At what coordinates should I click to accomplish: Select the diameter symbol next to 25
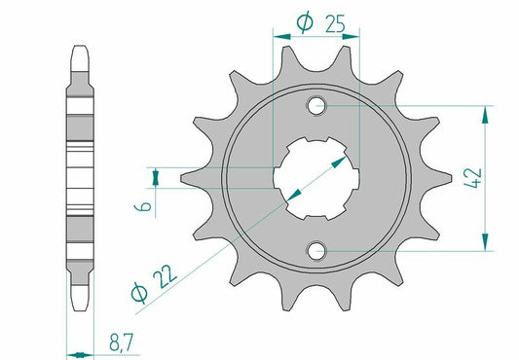pos(303,22)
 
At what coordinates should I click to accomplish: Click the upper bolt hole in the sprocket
pos(317,105)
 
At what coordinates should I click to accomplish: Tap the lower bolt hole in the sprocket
pos(317,252)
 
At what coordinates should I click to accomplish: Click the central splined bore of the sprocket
pos(317,178)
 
